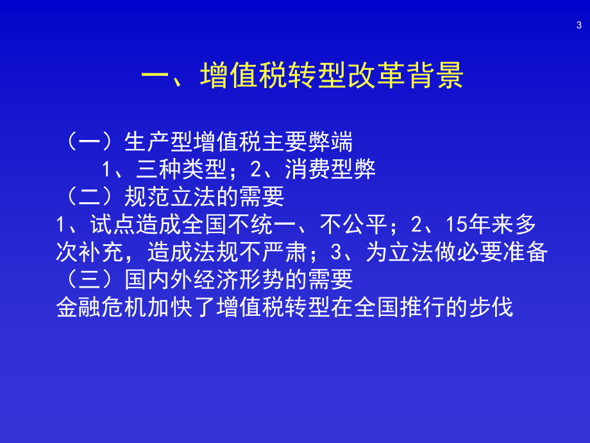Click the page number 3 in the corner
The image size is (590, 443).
click(x=578, y=25)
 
